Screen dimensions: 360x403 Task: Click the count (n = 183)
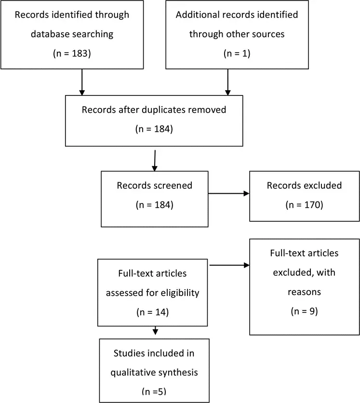coord(72,54)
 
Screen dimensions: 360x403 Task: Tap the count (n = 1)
coord(237,54)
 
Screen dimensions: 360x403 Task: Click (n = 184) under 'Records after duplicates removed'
coord(154,129)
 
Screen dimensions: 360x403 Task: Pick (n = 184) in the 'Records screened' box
coord(155,205)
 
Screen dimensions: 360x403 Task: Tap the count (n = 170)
coord(304,205)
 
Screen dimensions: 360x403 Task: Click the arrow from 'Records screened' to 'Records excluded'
coord(229,193)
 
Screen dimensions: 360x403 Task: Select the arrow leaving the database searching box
coord(82,82)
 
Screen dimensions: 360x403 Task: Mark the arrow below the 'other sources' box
coord(227,82)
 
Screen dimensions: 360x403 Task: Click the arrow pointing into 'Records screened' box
coord(155,161)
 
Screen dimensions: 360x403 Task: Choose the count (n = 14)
coord(153,312)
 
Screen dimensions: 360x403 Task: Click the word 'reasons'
coord(304,292)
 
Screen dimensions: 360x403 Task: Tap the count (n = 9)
coord(304,311)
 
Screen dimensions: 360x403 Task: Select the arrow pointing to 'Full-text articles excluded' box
coord(229,265)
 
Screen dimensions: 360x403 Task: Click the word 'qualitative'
coord(131,373)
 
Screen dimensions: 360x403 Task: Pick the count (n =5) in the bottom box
coord(154,391)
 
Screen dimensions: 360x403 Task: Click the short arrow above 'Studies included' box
coord(155,331)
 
